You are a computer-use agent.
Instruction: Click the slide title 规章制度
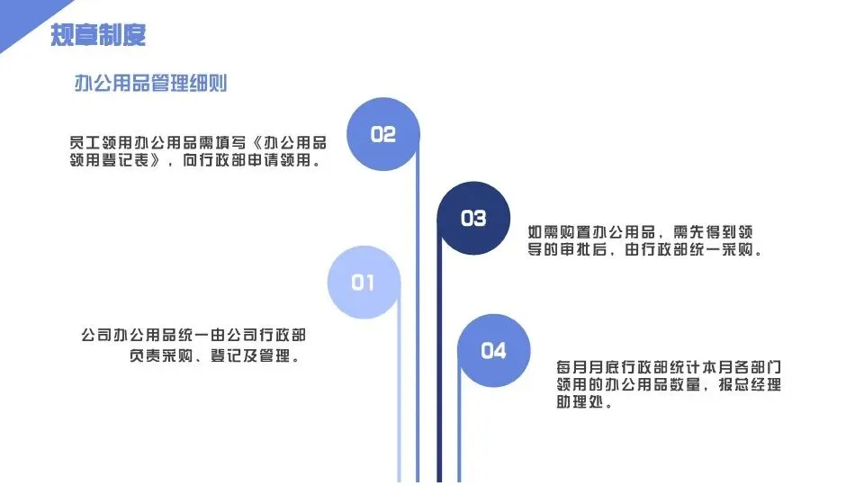coord(98,35)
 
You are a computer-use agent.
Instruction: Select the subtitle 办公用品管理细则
coord(150,84)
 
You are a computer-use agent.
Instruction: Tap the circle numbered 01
coord(363,283)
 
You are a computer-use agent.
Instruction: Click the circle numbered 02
coord(383,134)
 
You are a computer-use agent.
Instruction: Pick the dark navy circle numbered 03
coord(473,218)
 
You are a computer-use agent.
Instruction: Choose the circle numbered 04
coord(493,350)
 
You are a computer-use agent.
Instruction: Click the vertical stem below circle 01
coord(399,405)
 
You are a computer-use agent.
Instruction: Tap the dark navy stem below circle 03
coord(440,378)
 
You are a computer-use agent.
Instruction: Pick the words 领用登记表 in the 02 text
coord(110,161)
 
